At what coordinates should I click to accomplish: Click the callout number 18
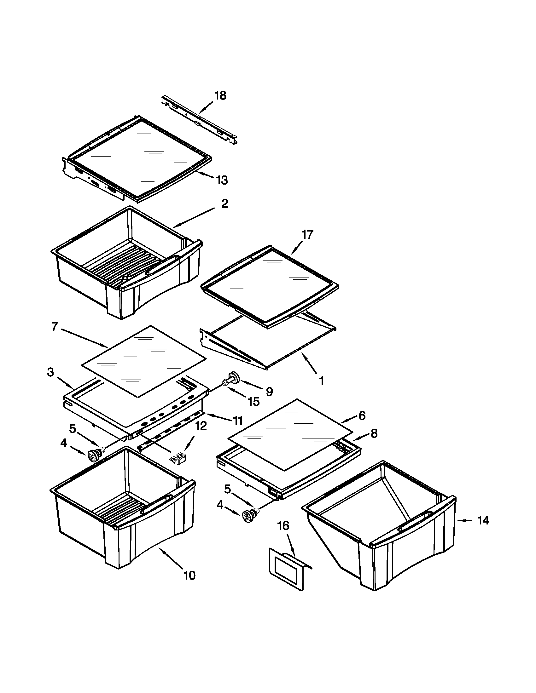[220, 95]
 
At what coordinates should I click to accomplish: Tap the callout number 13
[222, 180]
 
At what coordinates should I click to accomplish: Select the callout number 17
[307, 234]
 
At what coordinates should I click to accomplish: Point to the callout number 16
[283, 526]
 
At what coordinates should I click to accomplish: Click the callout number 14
[483, 520]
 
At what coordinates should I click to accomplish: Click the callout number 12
[201, 426]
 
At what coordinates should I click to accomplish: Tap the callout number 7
[54, 327]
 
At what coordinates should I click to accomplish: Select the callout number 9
[269, 392]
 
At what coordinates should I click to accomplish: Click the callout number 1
[321, 381]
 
